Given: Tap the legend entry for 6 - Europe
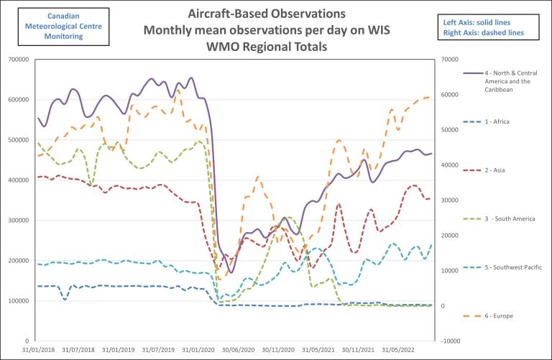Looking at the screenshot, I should coord(498,315).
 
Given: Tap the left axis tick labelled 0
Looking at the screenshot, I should coord(25,341).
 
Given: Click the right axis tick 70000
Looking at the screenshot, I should coord(451,59).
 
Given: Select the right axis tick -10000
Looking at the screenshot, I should coord(451,341).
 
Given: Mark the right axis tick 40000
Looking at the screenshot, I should coord(451,165).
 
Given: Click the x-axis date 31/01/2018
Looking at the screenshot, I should coord(37,351).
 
